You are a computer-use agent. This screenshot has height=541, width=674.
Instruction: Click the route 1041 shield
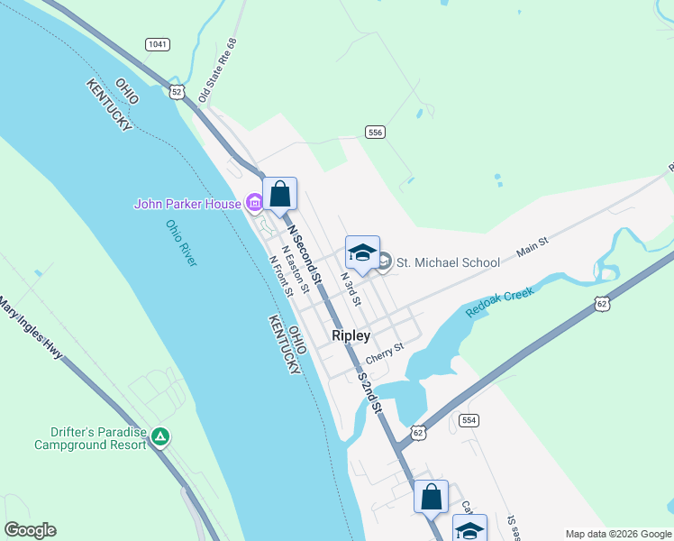[156, 44]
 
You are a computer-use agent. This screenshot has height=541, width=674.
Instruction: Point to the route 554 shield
[468, 420]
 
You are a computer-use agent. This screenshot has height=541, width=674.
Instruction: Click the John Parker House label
[187, 204]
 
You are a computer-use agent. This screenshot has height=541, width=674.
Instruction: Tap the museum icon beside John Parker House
[255, 204]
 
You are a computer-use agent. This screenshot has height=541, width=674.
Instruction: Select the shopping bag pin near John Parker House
[279, 194]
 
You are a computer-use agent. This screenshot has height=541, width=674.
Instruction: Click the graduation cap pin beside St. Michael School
[362, 253]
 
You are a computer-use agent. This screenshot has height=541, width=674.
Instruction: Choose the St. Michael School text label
[448, 263]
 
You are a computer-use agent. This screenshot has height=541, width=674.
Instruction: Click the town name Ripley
[351, 335]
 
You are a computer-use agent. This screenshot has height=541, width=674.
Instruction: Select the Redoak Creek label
[499, 302]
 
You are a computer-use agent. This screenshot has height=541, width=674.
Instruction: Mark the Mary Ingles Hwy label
[31, 328]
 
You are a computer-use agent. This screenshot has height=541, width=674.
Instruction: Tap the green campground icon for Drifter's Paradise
[159, 437]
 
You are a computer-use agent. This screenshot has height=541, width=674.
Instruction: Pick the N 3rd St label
[350, 289]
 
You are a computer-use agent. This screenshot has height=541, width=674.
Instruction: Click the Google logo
[30, 530]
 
